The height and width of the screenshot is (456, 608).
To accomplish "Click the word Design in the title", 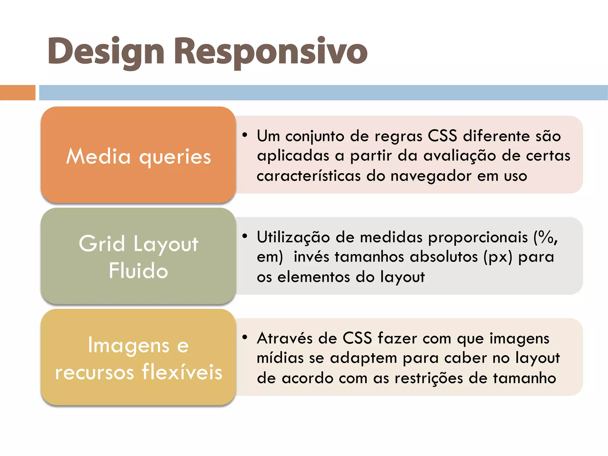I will tap(106, 51).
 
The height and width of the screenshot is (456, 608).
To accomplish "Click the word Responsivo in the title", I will tap(270, 51).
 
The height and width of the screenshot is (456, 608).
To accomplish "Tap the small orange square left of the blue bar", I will tap(18, 93).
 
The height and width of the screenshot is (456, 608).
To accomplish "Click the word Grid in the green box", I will tap(102, 243).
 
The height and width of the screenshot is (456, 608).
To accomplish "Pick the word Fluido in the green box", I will tap(138, 270).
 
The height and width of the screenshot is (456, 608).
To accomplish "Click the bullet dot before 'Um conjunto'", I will tap(245, 135).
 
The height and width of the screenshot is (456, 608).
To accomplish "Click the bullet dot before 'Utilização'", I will tap(245, 236).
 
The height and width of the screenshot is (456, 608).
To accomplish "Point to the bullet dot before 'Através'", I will tap(245, 337).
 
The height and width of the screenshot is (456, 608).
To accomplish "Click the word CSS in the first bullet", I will tap(442, 136).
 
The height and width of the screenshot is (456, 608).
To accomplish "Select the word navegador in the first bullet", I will tap(431, 176).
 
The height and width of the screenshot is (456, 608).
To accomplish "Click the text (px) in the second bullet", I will tap(498, 257).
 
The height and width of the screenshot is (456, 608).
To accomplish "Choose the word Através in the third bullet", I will tap(285, 338).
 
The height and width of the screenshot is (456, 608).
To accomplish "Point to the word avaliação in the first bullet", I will tap(460, 156).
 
